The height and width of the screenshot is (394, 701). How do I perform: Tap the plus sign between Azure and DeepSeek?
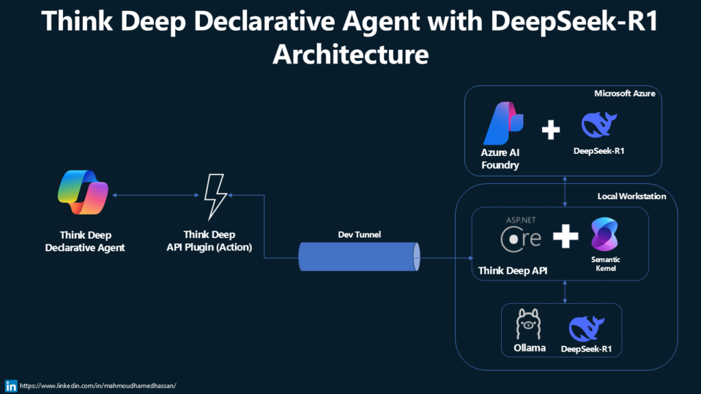pos(550,130)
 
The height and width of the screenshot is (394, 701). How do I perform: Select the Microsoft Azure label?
pos(624,93)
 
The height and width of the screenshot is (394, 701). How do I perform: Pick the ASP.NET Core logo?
pos(521,235)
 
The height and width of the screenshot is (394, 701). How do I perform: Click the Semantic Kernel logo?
pos(604,235)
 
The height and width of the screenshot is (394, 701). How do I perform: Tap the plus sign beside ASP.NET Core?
pos(565,237)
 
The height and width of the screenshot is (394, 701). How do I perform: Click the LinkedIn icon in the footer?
pos(10,385)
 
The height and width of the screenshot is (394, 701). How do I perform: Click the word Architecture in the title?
pos(350,53)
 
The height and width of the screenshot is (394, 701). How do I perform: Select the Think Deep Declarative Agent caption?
pos(85,241)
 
